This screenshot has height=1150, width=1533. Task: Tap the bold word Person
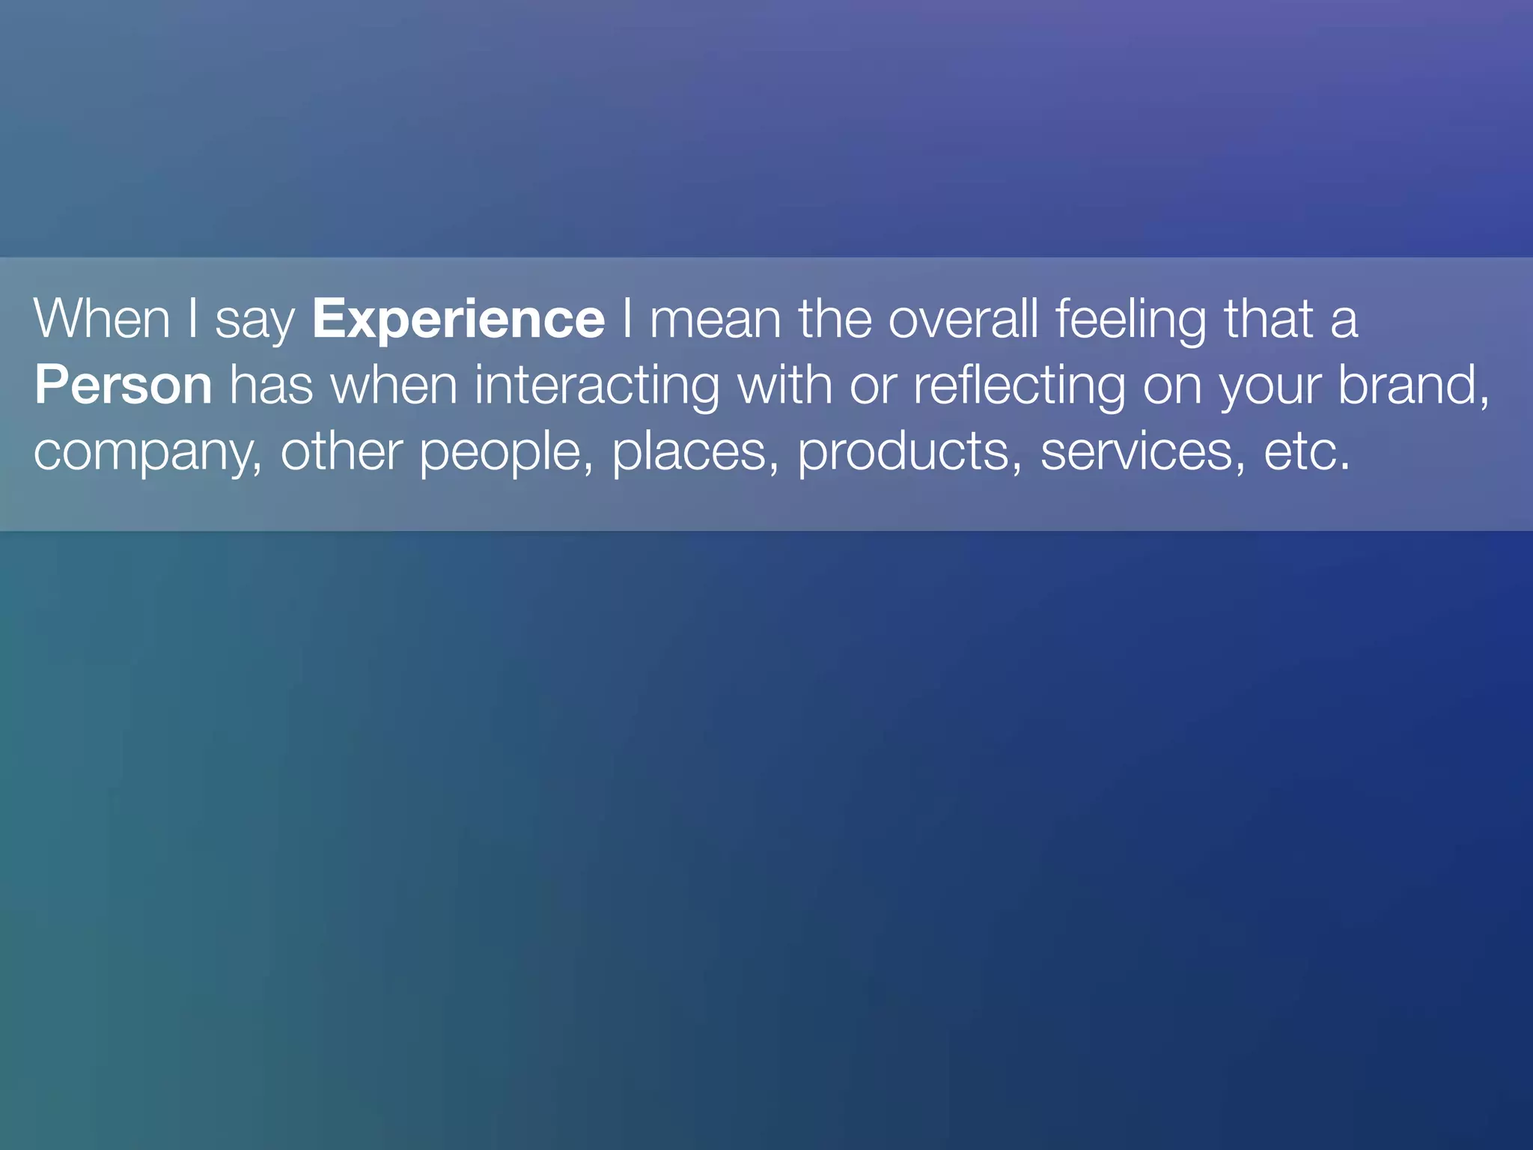124,386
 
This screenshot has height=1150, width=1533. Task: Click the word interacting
597,386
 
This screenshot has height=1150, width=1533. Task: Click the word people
500,451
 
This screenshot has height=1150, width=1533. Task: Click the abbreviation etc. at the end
1307,451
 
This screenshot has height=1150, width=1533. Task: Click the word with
784,386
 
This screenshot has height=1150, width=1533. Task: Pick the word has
271,386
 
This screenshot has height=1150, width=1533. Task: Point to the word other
341,451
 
